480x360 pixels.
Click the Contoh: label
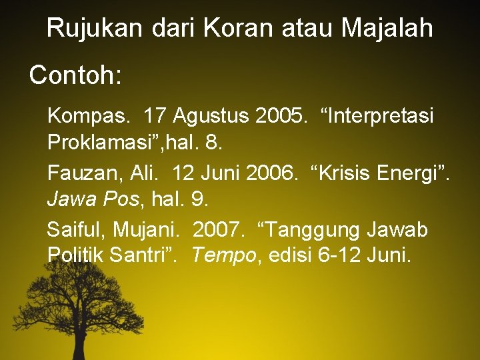pos(75,75)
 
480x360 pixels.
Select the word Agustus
pos(210,116)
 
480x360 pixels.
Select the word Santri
pos(143,255)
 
